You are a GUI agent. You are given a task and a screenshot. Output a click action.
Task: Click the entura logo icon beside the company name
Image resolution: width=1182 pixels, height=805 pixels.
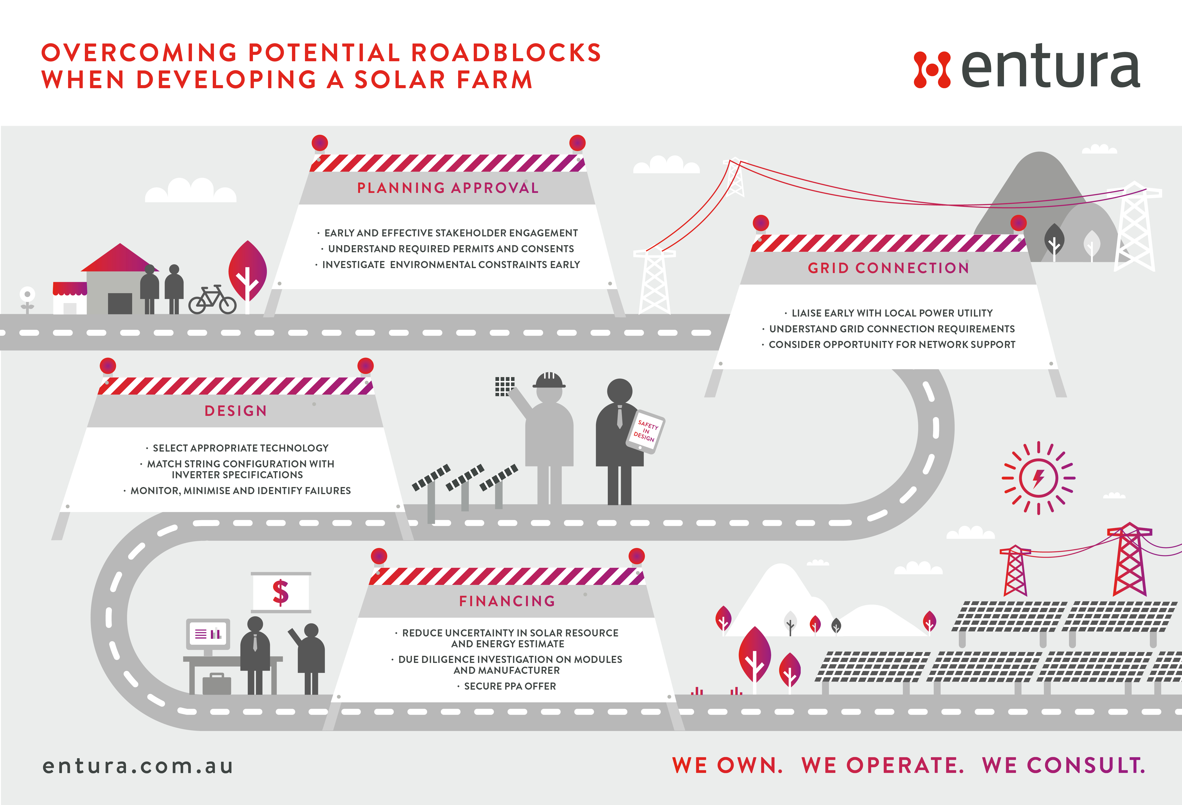coord(932,70)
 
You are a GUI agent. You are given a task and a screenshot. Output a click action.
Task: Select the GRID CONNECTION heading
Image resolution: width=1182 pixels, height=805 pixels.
coord(889,268)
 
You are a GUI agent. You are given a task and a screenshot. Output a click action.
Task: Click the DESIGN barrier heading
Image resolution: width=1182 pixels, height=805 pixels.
coord(235,411)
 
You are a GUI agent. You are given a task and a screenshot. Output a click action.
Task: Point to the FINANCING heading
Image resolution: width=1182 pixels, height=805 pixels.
coord(507,601)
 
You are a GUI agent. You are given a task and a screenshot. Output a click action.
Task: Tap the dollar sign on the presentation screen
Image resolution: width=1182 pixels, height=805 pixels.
coord(281,592)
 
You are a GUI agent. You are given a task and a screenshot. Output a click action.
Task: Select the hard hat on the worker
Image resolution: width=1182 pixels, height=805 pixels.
coord(549,380)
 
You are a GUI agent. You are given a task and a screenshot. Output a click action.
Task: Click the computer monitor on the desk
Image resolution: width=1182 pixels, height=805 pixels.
coord(208,634)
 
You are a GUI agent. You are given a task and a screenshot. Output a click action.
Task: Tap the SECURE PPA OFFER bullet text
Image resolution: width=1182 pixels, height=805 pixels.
coord(510,686)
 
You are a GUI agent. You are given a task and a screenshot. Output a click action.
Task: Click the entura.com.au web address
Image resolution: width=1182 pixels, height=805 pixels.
coord(138,766)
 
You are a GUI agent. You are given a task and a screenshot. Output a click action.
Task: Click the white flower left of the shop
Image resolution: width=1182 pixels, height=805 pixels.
coord(27,295)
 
